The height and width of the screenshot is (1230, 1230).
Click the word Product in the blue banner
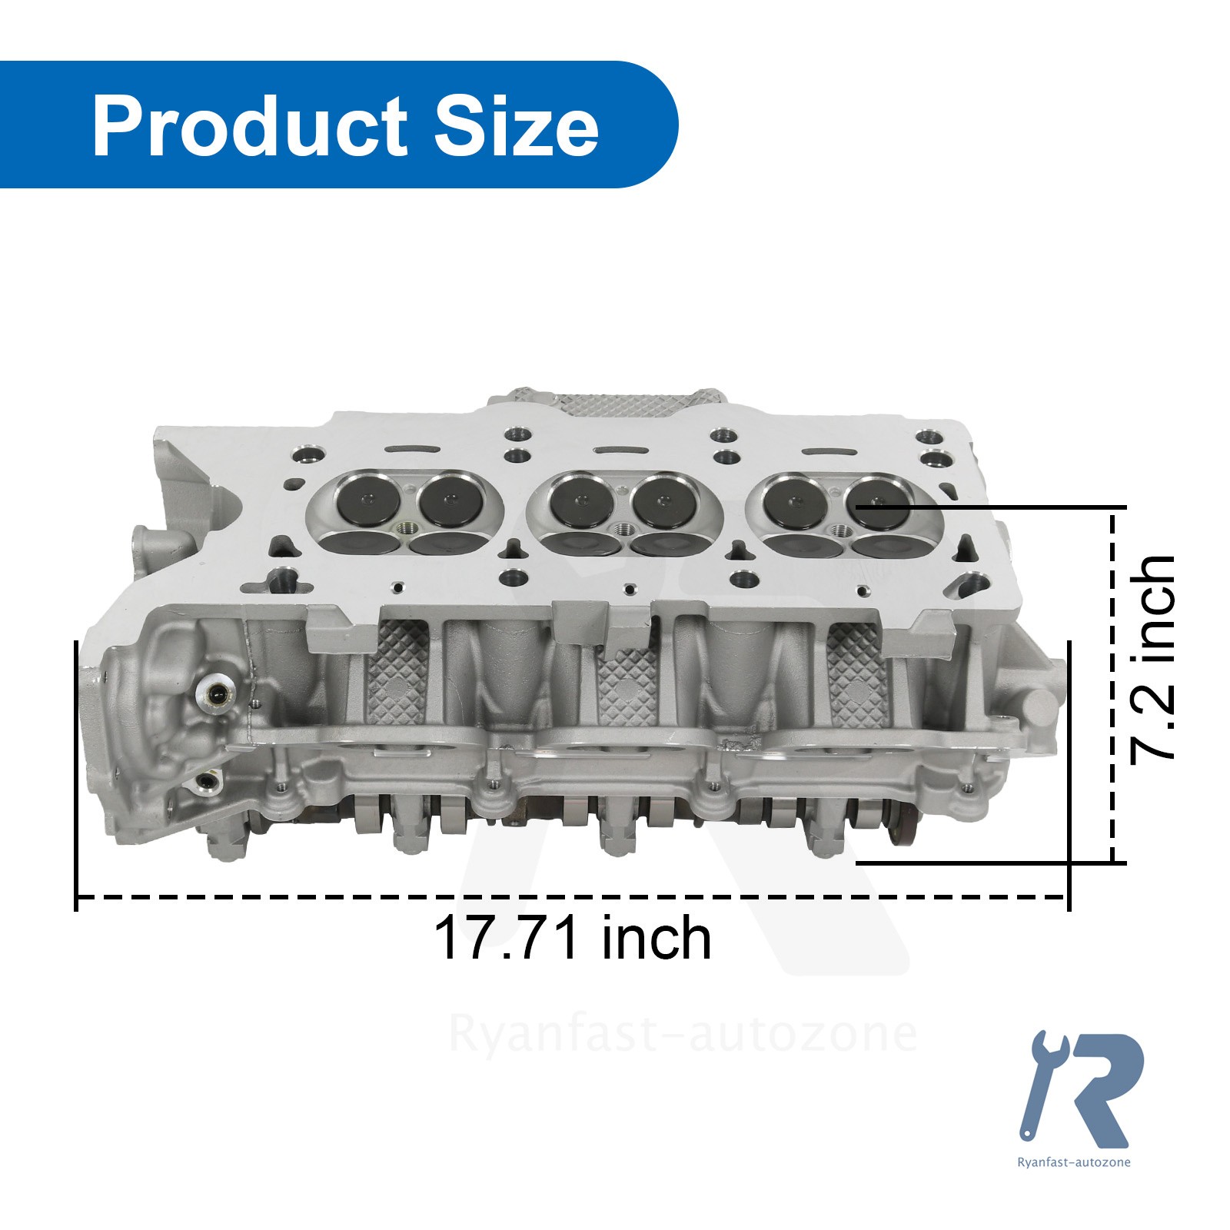coord(250,127)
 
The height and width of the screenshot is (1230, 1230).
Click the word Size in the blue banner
coord(516,127)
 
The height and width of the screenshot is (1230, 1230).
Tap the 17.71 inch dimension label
coord(572,938)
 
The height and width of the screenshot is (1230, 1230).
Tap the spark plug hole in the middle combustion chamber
coord(624,530)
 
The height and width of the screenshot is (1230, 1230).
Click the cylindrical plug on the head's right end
coord(1039,707)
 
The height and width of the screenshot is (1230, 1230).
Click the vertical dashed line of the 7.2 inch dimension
coord(1112,684)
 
